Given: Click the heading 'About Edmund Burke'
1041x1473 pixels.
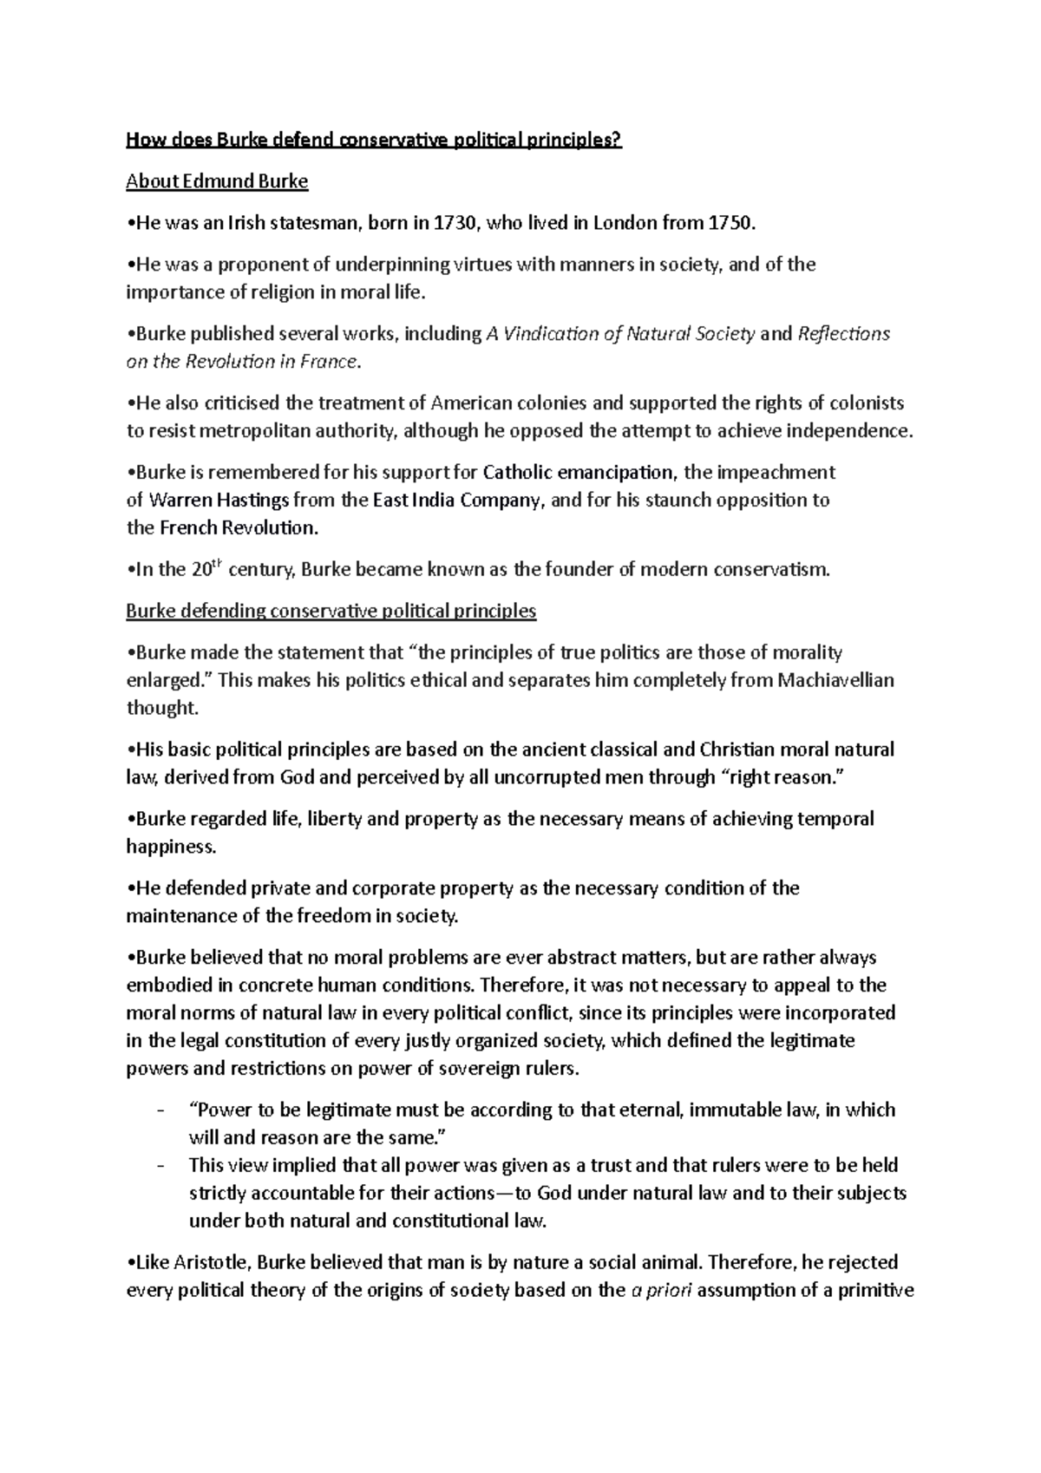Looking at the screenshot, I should tap(217, 181).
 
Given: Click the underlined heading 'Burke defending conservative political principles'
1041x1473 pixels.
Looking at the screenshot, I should tap(331, 611).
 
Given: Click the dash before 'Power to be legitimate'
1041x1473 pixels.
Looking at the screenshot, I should tap(159, 1110).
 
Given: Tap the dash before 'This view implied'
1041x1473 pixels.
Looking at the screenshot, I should tap(159, 1166).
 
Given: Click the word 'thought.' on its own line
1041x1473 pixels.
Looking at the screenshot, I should tap(162, 708).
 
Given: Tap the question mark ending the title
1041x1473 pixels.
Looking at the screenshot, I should tap(618, 140).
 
